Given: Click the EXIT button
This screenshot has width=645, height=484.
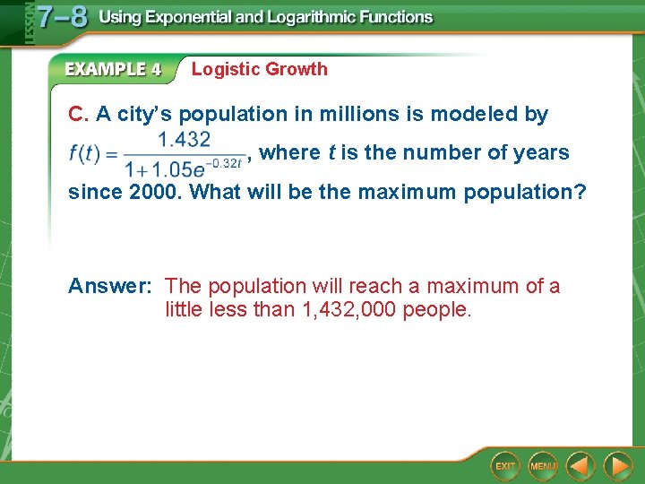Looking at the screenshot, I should [506, 466].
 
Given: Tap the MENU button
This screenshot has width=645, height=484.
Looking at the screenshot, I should [542, 466].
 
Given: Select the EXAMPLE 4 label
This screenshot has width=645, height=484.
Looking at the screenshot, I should [113, 69].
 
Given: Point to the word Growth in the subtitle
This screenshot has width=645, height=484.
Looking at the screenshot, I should [297, 69].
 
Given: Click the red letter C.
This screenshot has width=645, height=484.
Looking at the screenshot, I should [78, 115].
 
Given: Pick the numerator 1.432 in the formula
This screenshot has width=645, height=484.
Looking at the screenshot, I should [184, 139].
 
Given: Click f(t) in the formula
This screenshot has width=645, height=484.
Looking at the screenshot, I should [87, 153].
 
